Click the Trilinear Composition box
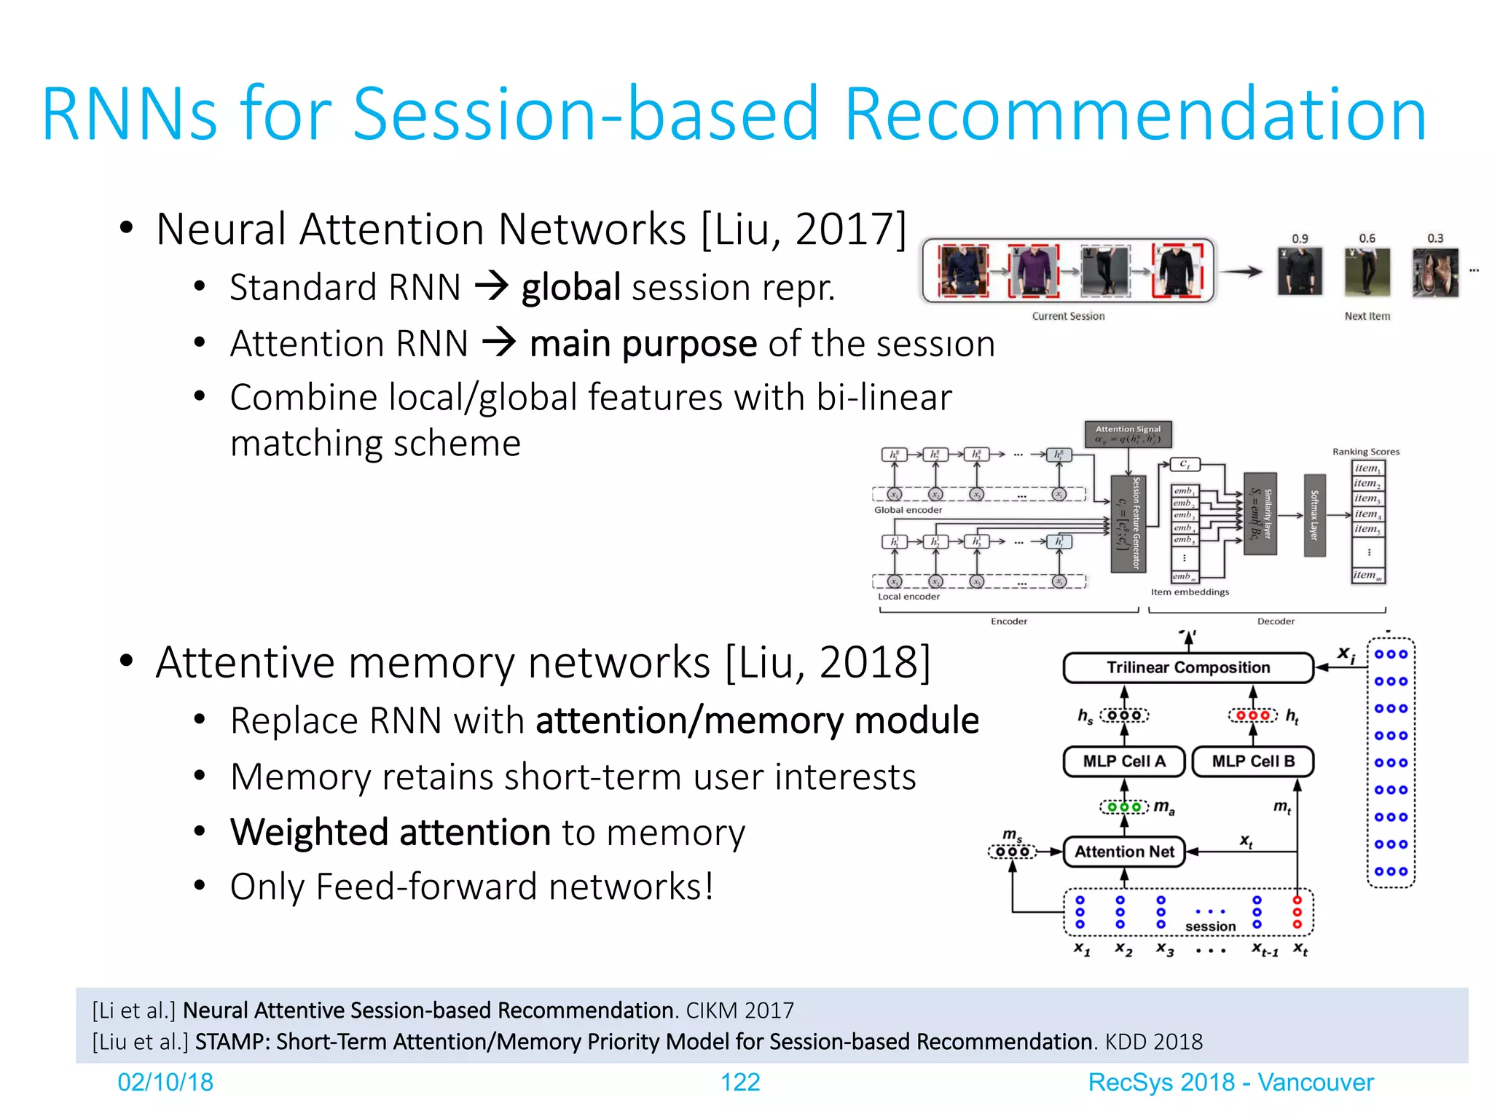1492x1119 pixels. pos(1187,667)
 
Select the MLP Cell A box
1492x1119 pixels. pos(1123,761)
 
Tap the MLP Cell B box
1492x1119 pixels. pos(1253,761)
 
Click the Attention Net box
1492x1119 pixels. pos(1124,852)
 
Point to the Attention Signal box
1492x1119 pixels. pos(1128,434)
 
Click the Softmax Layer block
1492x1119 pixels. pos(1314,514)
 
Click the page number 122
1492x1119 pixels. pos(739,1083)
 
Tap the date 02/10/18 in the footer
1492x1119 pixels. pos(165,1083)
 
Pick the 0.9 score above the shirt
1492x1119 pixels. pos(1300,239)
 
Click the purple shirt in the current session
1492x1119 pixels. pos(1033,270)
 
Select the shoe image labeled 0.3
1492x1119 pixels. pos(1434,272)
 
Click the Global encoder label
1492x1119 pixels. pos(908,510)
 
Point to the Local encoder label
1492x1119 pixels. pos(908,597)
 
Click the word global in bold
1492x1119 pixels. pos(570,287)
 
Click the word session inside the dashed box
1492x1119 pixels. pos(1210,927)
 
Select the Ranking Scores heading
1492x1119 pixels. pos(1365,452)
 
